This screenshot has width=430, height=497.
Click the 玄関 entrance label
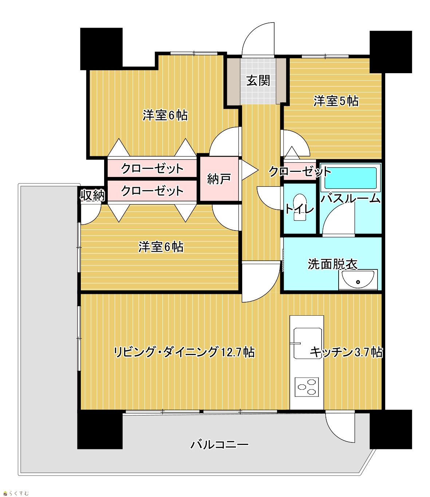pos(258,80)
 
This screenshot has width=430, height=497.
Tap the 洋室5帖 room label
pos(336,101)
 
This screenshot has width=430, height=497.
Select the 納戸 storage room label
pos(219,179)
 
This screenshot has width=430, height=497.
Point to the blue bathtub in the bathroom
pos(351,178)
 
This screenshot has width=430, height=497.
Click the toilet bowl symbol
pos(300,207)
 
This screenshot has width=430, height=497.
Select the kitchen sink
pos(308,343)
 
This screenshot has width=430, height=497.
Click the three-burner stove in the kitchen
pos(307,387)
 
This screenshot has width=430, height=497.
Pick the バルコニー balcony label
pos(219,445)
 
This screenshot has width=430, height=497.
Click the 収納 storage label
pos(92,195)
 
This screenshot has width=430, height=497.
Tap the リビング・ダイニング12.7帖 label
pos(184,352)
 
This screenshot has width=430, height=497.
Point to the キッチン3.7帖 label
pos(346,352)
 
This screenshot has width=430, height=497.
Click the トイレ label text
pos(300,209)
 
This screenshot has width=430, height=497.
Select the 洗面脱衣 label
pos(332,264)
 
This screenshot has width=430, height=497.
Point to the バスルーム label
pos(350,198)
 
